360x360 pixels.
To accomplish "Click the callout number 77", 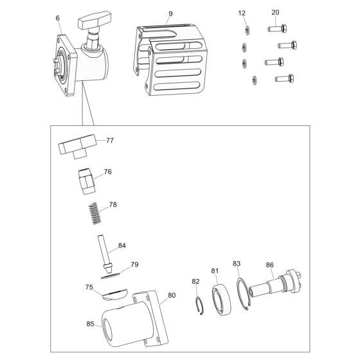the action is pos(110,140).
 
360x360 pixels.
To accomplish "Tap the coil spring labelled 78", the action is pos(95,213).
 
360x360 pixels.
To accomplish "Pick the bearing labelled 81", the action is pos(222,300).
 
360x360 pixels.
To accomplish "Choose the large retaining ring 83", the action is pos(243,294).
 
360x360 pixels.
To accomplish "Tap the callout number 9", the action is pos(170,14).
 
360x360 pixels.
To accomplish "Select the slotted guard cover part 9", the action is pos(170,60).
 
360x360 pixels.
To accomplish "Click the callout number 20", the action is pos(275,12).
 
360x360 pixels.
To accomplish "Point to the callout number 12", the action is pos(242,13).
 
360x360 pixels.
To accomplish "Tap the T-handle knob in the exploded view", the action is pos(77,147).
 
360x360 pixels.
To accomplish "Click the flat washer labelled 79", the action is pos(111,276).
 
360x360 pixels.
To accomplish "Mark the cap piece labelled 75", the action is pos(114,294).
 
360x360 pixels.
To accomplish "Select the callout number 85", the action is pos(90,324).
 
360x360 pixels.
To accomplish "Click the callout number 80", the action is pos(172,295).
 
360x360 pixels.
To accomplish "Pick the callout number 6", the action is pos(57,18).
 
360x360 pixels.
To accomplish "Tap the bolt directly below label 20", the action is pos(277,29).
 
